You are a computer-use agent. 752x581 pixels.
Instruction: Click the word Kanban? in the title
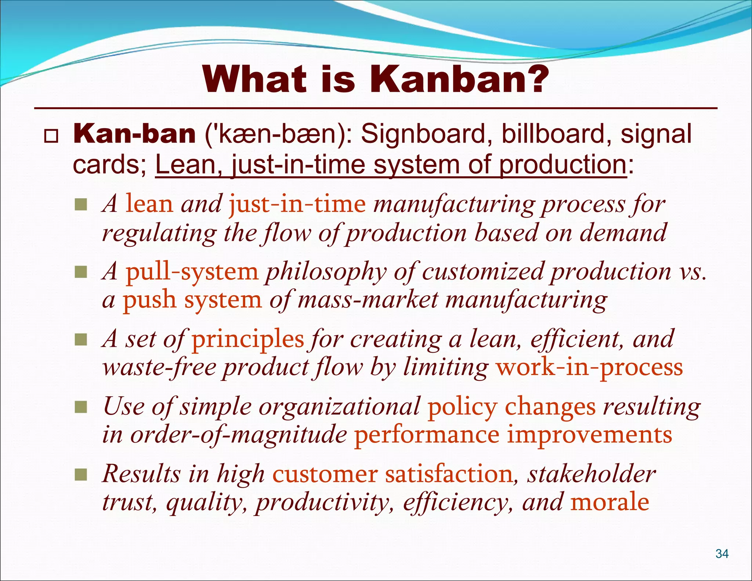tap(459, 80)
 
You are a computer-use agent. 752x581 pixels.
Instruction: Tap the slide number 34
tap(722, 553)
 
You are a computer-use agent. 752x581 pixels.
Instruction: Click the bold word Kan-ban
tap(134, 134)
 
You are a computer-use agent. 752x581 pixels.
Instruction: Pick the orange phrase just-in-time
tap(297, 204)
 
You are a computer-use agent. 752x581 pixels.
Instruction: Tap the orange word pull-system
tap(192, 272)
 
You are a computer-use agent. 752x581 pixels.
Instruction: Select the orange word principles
tap(248, 339)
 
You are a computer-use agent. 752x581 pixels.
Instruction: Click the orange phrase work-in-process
tap(589, 367)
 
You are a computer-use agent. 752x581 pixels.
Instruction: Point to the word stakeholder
tap(591, 474)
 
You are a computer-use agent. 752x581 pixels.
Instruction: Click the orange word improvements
tap(590, 435)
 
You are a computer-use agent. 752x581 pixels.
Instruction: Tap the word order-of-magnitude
tap(239, 435)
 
